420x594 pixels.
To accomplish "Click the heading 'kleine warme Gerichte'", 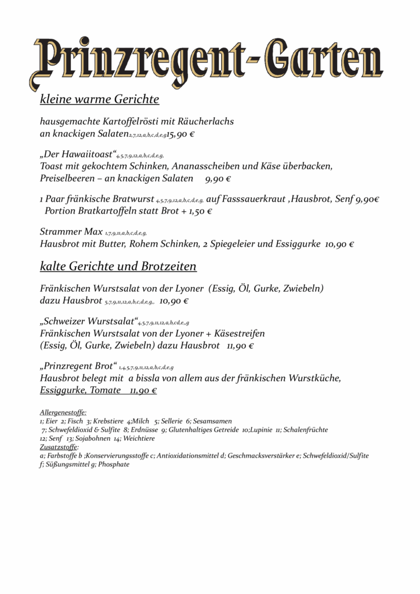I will click(99, 100).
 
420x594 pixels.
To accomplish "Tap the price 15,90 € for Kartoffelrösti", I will click(180, 134).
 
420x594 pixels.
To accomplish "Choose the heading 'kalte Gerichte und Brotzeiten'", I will click(118, 267).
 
